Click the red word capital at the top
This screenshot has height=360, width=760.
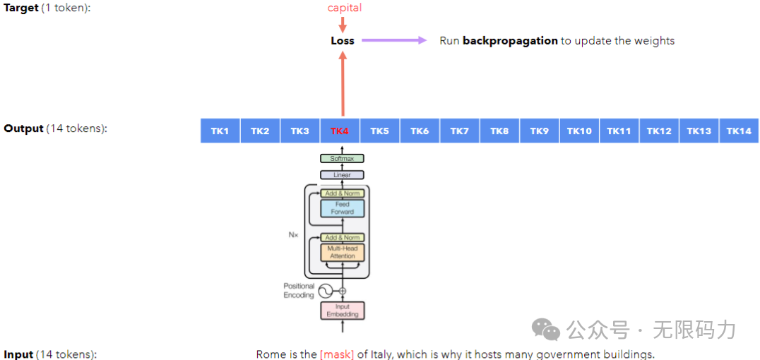click(x=344, y=8)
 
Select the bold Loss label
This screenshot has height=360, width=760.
click(x=343, y=41)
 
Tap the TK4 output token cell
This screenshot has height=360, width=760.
click(x=340, y=131)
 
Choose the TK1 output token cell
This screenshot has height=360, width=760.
click(x=220, y=131)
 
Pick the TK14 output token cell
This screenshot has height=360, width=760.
click(x=739, y=131)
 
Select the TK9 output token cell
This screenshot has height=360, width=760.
click(x=540, y=131)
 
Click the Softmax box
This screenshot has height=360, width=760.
click(x=342, y=159)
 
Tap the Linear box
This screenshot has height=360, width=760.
click(x=342, y=174)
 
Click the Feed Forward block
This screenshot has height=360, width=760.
click(x=343, y=208)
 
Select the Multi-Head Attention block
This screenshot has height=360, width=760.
click(x=343, y=252)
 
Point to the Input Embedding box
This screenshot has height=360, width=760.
click(x=343, y=310)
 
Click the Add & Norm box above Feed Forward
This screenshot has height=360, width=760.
click(x=343, y=193)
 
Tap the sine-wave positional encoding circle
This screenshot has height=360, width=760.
click(x=326, y=291)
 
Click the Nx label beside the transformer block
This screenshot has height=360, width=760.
click(x=294, y=234)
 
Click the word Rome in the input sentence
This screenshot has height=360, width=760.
click(x=271, y=354)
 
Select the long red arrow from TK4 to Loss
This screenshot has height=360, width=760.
click(x=343, y=85)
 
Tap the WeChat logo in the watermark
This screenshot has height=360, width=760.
click(x=546, y=329)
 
